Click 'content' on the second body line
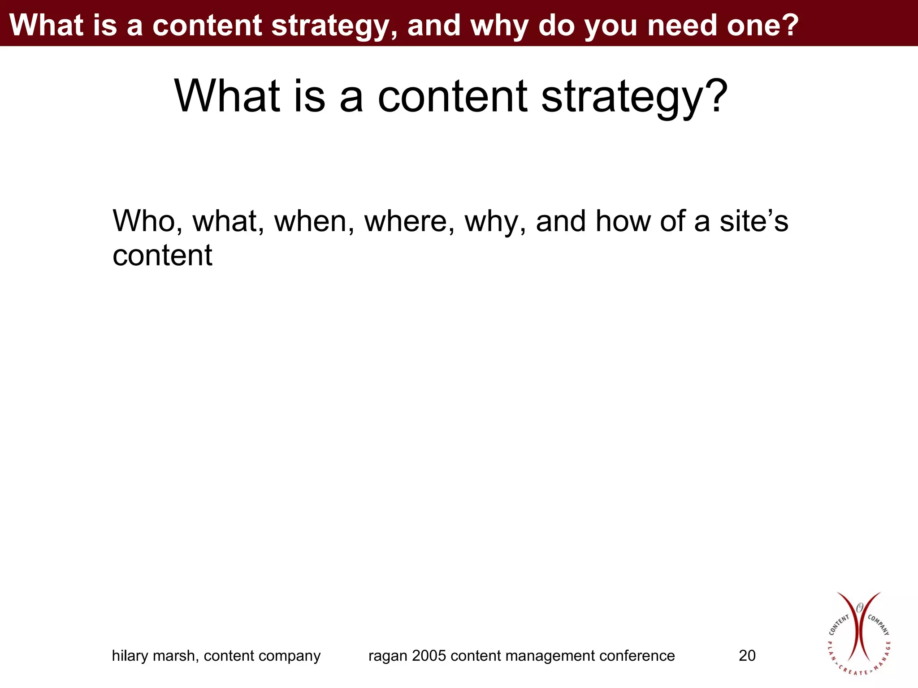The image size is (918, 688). pos(162,255)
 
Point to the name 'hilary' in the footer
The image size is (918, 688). pos(130,656)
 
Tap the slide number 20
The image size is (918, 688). pos(747,656)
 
